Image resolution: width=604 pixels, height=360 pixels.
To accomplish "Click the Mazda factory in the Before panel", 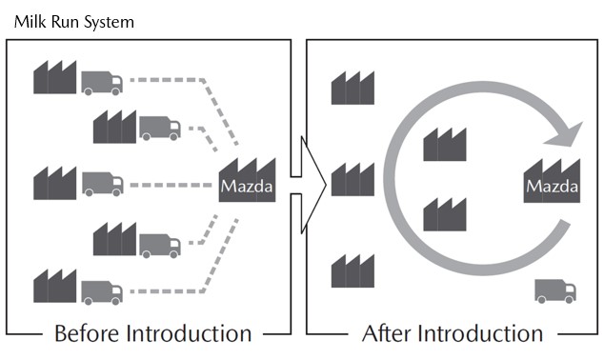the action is (x=247, y=180).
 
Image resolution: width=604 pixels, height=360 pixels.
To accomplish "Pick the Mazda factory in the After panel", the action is (x=552, y=181).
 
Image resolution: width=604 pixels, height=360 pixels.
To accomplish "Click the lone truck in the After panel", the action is (x=555, y=291).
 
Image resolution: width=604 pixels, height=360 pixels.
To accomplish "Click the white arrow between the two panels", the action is (x=309, y=185).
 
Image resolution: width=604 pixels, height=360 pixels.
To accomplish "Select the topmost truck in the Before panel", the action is (x=102, y=83).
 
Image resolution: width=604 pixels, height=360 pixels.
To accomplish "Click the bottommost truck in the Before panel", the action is (x=102, y=293).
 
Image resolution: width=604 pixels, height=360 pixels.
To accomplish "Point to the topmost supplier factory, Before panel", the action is (x=54, y=77).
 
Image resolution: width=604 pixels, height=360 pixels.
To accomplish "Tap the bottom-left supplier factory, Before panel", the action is (x=54, y=286).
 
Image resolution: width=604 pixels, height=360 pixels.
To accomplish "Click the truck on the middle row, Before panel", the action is (x=103, y=184).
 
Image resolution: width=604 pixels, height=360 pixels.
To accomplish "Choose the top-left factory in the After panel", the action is (x=352, y=88).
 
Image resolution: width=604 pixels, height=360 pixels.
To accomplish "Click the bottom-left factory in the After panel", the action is (x=352, y=270).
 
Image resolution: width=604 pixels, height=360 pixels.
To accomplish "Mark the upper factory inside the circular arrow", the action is (x=445, y=145).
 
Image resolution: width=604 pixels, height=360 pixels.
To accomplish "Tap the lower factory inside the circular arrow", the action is (x=445, y=214).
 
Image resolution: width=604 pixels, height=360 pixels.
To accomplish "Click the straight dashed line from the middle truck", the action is (x=171, y=185).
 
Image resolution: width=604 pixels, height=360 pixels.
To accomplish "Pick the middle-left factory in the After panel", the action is (x=352, y=179).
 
